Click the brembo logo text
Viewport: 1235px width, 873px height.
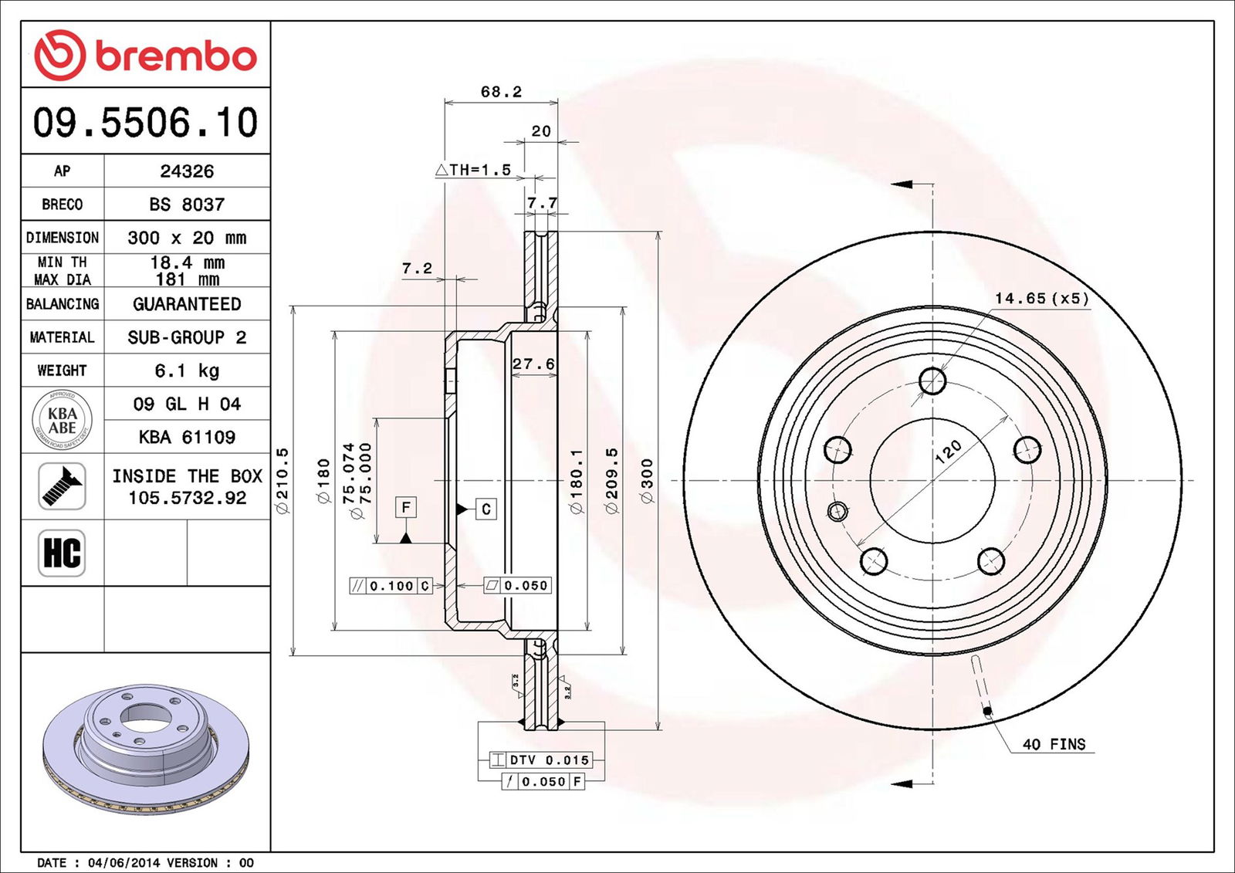tap(176, 56)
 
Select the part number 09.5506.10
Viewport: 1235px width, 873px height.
tap(145, 122)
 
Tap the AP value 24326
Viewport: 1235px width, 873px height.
tap(187, 171)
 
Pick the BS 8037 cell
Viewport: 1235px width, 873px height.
tap(187, 205)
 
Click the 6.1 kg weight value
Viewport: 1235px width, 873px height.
tap(187, 371)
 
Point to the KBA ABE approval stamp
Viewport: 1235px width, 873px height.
tap(63, 421)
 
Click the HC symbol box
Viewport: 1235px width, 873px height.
tap(62, 553)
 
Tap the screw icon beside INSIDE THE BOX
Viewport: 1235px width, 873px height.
tap(62, 486)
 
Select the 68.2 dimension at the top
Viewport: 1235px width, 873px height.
tap(501, 92)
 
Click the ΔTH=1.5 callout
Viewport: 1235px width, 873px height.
tap(473, 170)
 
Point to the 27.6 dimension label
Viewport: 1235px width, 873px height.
tap(533, 364)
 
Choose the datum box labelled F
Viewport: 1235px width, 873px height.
tap(406, 507)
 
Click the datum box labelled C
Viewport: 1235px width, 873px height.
tap(486, 509)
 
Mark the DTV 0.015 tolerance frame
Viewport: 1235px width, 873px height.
tap(540, 760)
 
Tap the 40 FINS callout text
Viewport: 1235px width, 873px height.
tap(1054, 744)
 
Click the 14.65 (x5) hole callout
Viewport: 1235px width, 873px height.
tap(1041, 298)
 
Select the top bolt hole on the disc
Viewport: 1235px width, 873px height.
tap(932, 381)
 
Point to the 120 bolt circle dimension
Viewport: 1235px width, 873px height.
tap(948, 451)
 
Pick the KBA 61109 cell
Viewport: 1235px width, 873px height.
tap(187, 437)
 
